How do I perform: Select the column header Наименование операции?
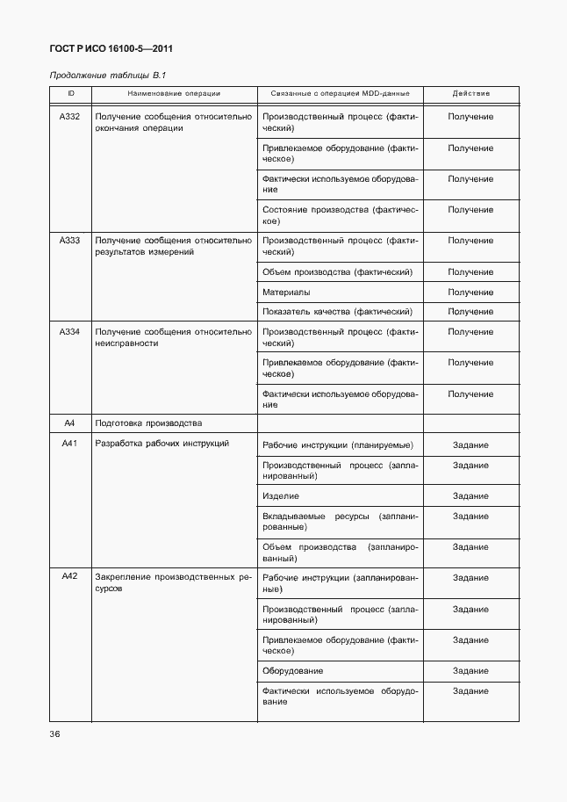(174, 93)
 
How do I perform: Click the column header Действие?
(470, 93)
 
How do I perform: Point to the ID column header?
(69, 93)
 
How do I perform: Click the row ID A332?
(69, 117)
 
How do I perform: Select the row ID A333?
(69, 241)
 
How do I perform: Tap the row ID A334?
(69, 332)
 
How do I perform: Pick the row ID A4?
(69, 423)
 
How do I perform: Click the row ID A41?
(69, 444)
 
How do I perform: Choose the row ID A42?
(69, 577)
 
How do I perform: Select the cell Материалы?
(286, 293)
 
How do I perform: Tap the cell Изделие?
(281, 496)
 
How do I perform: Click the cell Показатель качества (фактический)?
(337, 312)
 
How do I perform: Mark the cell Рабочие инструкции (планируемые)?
(338, 445)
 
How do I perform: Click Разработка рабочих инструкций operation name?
(161, 444)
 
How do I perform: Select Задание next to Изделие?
(470, 496)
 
